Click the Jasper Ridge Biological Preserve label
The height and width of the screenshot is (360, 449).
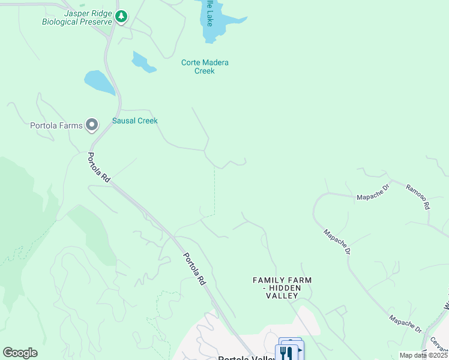[x=77, y=17]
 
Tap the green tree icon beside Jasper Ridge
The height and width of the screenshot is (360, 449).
[x=122, y=16]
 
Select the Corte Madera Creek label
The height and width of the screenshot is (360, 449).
[x=205, y=67]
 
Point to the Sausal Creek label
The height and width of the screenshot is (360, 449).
[x=135, y=121]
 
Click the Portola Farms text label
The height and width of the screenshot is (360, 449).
[x=56, y=125]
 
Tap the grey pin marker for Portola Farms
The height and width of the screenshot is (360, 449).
[x=92, y=125]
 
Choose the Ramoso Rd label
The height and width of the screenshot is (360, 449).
[x=418, y=196]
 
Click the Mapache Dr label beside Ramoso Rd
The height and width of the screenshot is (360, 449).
[x=374, y=196]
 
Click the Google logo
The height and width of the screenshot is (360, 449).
[x=20, y=353]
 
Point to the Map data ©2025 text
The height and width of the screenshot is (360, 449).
[x=423, y=355]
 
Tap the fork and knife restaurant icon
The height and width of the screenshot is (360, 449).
[x=286, y=353]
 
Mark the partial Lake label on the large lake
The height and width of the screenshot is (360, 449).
[x=208, y=12]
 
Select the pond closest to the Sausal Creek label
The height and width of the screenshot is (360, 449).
[x=100, y=83]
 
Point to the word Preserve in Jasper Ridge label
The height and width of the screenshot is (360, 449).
[x=97, y=22]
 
